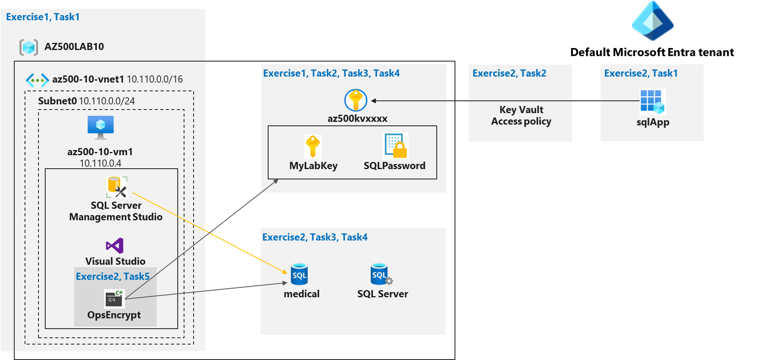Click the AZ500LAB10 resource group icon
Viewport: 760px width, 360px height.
point(29,47)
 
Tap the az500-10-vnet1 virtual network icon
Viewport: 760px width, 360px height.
point(37,80)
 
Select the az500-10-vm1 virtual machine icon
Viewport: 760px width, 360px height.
point(100,127)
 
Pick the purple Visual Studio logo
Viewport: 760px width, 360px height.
point(115,246)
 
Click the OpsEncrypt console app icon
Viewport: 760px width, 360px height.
point(114,298)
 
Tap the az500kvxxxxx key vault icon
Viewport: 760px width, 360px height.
point(355,100)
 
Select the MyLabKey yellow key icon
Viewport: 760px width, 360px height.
point(313,146)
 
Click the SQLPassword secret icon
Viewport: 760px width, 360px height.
point(395,146)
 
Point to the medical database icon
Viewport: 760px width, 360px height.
point(299,274)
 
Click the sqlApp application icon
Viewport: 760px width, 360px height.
point(652,102)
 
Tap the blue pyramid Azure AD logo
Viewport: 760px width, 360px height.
point(653,21)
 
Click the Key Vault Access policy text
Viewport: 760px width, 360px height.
point(521,116)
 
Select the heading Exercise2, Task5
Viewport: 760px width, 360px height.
point(113,276)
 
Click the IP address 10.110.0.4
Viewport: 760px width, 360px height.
point(100,163)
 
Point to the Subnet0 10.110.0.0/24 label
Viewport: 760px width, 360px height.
point(86,101)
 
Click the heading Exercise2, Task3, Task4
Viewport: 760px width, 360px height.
point(315,237)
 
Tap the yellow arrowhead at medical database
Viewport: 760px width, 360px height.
point(285,272)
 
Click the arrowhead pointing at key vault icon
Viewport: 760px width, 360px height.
point(373,101)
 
